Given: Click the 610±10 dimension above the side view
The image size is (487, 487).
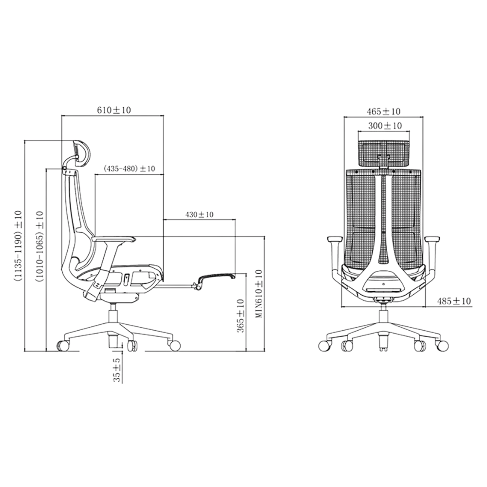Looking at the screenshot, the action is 114,110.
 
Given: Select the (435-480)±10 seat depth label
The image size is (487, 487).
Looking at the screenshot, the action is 129,169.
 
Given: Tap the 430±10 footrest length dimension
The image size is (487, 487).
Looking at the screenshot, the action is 199,215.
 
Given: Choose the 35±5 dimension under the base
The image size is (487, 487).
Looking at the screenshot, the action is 117,370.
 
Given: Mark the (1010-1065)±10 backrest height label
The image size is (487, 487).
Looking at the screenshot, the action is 40,246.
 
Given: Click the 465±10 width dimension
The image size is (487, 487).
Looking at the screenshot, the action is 384,111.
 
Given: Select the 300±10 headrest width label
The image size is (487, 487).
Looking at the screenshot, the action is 385,126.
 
